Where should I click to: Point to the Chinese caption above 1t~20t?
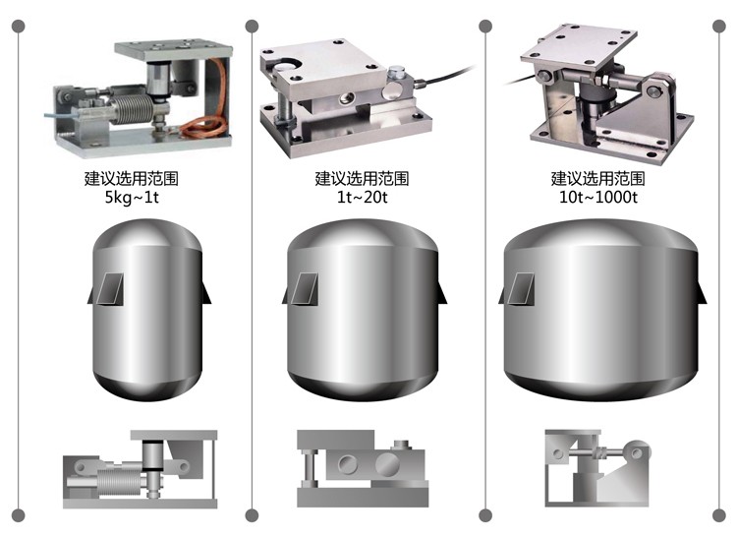[x=362, y=179]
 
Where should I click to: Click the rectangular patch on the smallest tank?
[x=112, y=287]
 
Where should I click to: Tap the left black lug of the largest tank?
[x=499, y=292]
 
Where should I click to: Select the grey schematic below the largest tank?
[x=595, y=465]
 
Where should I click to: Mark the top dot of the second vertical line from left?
[x=252, y=26]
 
